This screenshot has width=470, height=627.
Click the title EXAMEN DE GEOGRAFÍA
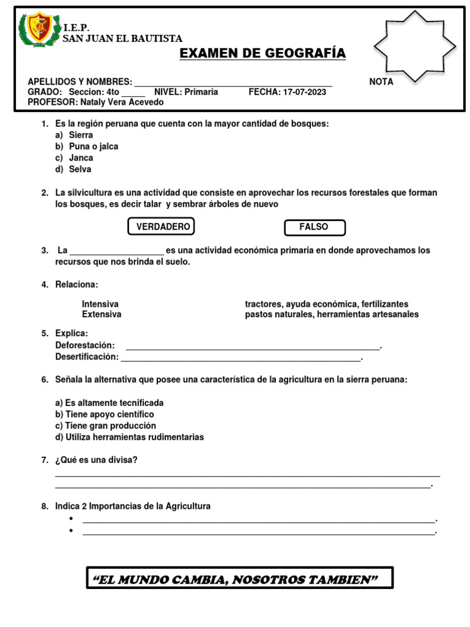pos(263,54)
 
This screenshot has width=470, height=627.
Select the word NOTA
pos(381,82)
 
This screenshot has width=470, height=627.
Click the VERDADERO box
pos(162,227)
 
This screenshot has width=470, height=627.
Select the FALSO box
pos(314,227)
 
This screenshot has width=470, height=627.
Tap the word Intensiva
pos(100,304)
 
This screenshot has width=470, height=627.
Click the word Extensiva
pos(102,314)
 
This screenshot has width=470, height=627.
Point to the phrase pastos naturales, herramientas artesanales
pos(332,314)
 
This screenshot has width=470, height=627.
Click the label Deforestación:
pos(85,345)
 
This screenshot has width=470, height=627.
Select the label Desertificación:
pos(87,356)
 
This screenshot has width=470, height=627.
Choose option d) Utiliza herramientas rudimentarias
pos(129,437)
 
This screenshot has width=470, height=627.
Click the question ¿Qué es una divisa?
pos(96,460)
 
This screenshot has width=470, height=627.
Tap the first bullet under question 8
pos(71,519)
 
